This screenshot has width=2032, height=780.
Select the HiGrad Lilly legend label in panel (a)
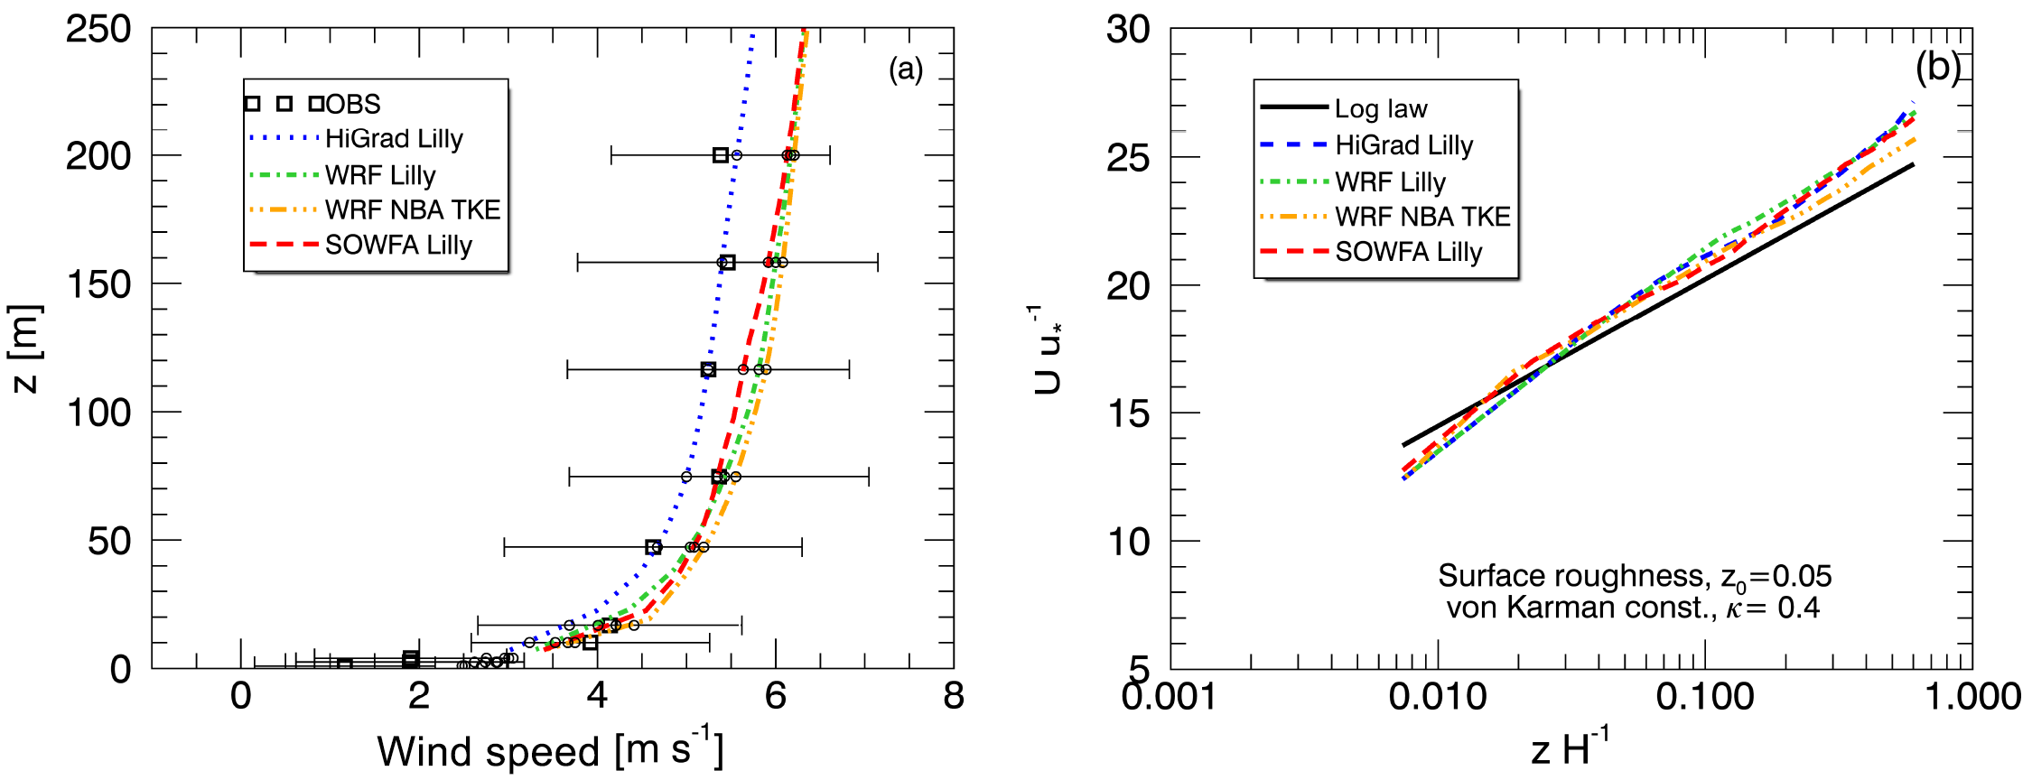(x=394, y=139)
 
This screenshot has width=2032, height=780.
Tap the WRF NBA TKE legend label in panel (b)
(x=1422, y=217)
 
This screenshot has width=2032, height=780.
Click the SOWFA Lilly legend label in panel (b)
(x=1409, y=252)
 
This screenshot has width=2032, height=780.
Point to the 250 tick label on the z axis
(x=98, y=29)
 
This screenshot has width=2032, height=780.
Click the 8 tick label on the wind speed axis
(x=954, y=696)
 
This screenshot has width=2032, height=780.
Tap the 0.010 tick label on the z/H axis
(x=1438, y=696)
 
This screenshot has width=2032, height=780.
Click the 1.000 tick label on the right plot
(x=1972, y=696)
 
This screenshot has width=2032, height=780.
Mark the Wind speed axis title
(x=550, y=749)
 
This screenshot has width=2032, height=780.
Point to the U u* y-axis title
(x=1048, y=349)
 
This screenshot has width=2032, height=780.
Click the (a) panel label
(x=906, y=70)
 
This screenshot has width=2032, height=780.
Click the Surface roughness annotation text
(x=1634, y=576)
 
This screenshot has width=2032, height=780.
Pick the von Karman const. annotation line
(x=1633, y=608)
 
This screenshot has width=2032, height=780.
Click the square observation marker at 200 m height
(x=721, y=155)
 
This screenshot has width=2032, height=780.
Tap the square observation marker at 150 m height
(x=728, y=263)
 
